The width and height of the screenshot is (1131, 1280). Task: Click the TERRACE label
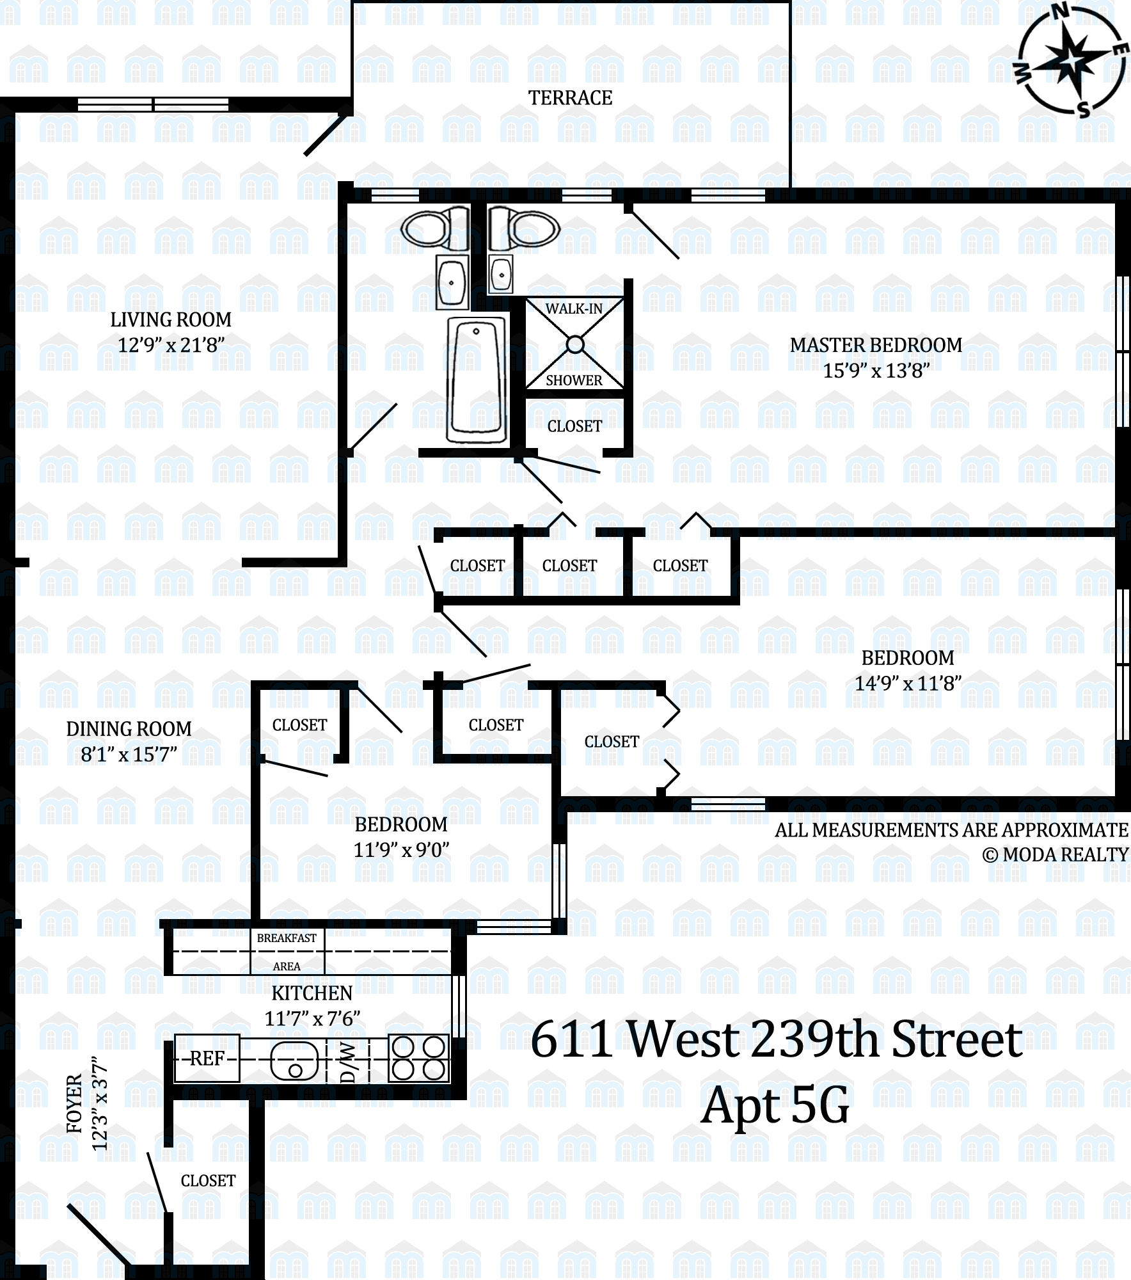click(570, 98)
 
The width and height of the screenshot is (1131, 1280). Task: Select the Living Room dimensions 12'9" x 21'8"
click(171, 346)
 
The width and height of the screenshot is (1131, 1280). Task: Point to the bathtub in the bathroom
click(477, 380)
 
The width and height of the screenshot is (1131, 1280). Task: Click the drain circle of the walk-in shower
click(575, 345)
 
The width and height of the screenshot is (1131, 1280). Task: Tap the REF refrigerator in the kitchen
click(207, 1058)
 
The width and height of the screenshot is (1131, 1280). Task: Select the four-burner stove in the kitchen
click(418, 1058)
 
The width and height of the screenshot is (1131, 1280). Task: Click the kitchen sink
click(295, 1060)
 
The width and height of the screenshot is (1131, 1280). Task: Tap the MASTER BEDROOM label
click(876, 345)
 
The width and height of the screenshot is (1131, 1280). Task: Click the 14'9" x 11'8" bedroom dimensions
click(908, 684)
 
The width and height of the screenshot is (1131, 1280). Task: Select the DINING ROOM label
click(129, 729)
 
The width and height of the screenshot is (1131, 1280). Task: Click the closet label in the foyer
click(208, 1181)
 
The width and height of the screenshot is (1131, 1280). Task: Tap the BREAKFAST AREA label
click(287, 952)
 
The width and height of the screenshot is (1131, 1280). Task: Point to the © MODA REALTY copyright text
click(1056, 855)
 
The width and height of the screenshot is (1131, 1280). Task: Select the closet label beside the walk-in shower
click(574, 426)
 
